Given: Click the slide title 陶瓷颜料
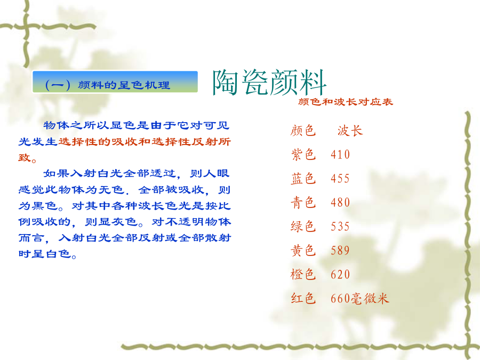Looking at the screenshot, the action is click(269, 83).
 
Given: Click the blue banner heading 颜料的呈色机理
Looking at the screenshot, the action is click(124, 85).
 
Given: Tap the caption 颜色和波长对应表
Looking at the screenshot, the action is click(345, 102).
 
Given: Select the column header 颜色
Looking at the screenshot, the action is click(303, 131).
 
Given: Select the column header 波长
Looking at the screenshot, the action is click(350, 131).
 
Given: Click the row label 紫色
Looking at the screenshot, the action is click(303, 154).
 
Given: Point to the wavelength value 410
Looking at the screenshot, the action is click(340, 155).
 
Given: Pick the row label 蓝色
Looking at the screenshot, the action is click(303, 179).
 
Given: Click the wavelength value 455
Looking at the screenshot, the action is click(340, 179).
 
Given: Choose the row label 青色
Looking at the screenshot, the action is click(303, 202).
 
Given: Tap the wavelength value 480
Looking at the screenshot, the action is click(340, 203).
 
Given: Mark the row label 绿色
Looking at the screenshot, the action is click(303, 227).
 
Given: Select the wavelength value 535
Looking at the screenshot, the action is click(340, 227).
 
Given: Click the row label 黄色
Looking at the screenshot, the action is click(303, 251).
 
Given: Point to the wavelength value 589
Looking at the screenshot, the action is click(340, 251).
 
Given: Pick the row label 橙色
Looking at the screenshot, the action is click(303, 274).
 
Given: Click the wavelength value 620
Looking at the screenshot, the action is click(340, 275).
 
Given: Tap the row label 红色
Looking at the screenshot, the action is click(303, 299).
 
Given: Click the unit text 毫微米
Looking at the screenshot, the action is click(370, 299).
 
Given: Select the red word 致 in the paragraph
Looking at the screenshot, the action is click(25, 158).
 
